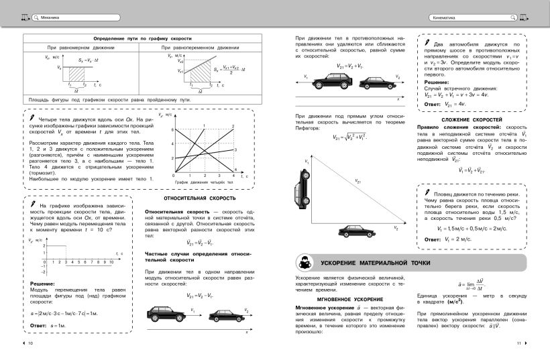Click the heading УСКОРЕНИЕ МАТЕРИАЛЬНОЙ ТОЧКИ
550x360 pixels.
(x=375, y=261)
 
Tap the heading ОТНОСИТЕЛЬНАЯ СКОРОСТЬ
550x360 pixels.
(x=199, y=198)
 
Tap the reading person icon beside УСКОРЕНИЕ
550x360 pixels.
(x=302, y=261)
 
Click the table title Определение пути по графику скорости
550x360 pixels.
(x=142, y=39)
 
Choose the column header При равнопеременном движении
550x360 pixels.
(x=200, y=48)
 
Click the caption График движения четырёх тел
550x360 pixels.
(x=204, y=182)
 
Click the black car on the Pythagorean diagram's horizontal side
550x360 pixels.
(x=356, y=232)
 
